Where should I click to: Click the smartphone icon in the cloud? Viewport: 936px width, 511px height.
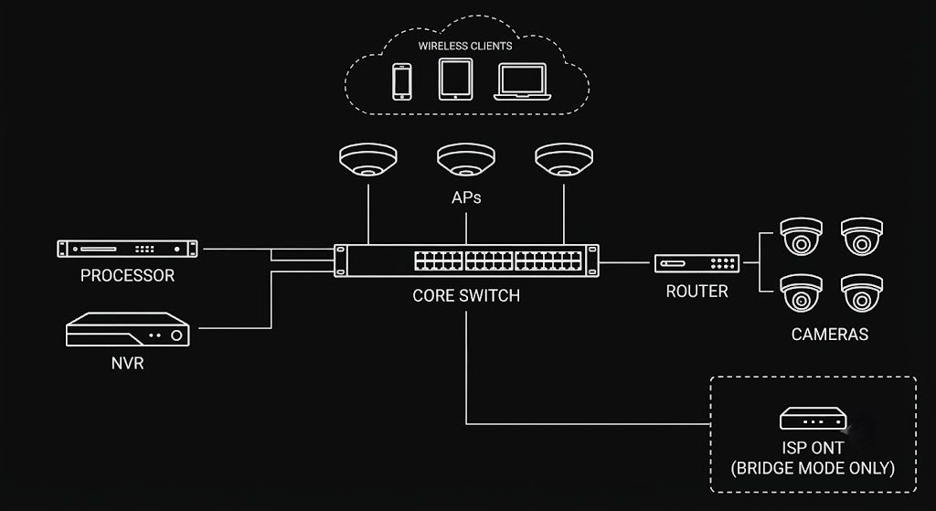pyautogui.click(x=402, y=81)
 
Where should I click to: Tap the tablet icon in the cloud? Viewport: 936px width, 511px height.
pyautogui.click(x=455, y=79)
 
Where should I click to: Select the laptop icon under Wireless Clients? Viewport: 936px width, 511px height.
pyautogui.click(x=522, y=81)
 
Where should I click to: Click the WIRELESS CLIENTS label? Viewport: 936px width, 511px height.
pyautogui.click(x=465, y=46)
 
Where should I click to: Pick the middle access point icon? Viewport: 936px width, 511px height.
pyautogui.click(x=466, y=159)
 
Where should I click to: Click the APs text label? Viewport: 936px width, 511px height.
pyautogui.click(x=466, y=197)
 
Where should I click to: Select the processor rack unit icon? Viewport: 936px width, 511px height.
pyautogui.click(x=127, y=249)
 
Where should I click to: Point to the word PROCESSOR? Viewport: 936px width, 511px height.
pyautogui.click(x=128, y=275)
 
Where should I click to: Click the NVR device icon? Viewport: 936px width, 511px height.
pyautogui.click(x=128, y=329)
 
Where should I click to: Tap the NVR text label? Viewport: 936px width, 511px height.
pyautogui.click(x=128, y=363)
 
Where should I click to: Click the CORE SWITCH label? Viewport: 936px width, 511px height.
pyautogui.click(x=466, y=295)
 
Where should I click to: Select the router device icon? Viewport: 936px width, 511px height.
pyautogui.click(x=697, y=263)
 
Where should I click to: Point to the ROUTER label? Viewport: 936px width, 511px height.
pyautogui.click(x=697, y=292)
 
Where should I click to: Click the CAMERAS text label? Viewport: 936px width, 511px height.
pyautogui.click(x=830, y=335)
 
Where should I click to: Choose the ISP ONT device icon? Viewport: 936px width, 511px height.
pyautogui.click(x=813, y=419)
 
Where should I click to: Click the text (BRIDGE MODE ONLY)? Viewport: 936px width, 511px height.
pyautogui.click(x=813, y=468)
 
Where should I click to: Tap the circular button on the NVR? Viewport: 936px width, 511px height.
pyautogui.click(x=176, y=335)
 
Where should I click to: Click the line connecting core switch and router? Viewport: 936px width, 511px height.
pyautogui.click(x=627, y=262)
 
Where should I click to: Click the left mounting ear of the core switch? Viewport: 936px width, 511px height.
pyautogui.click(x=340, y=261)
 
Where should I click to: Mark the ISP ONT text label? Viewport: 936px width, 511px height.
pyautogui.click(x=813, y=448)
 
